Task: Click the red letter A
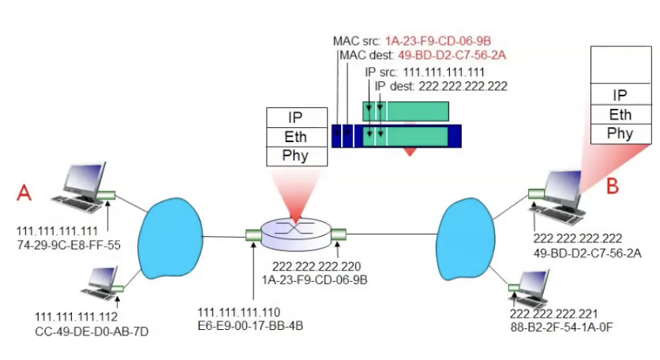coord(24,192)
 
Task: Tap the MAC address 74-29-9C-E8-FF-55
coord(68,244)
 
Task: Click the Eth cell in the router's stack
coord(298,137)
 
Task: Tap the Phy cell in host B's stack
coord(620,133)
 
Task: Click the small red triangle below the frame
coord(409,150)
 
